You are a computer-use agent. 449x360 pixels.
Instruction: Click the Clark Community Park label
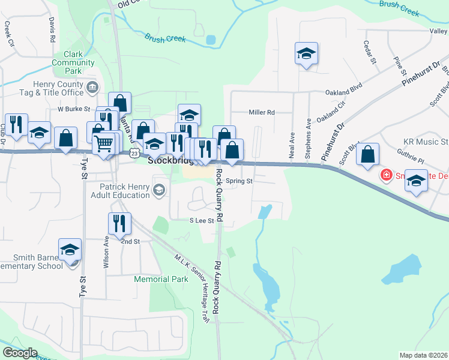coord(73,62)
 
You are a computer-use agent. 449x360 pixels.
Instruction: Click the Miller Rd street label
coord(261,112)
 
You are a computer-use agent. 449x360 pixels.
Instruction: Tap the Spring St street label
coord(240,180)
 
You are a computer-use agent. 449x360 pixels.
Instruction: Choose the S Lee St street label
coord(202,221)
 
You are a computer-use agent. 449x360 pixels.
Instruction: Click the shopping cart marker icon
coord(104,143)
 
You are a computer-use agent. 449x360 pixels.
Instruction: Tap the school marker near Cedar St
coord(306,53)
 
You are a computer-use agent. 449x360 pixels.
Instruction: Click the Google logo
coord(20,353)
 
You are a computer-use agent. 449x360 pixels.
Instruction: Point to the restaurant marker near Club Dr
coord(16,124)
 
